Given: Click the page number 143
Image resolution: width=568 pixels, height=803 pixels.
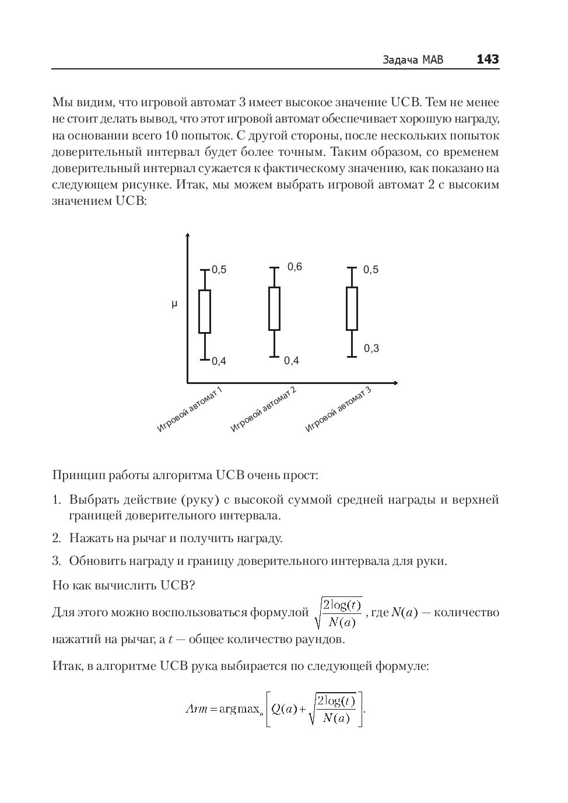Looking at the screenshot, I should (x=488, y=59).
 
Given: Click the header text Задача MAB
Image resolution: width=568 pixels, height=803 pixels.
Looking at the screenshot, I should (x=413, y=60).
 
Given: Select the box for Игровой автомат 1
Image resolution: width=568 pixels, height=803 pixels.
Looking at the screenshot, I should (x=205, y=312).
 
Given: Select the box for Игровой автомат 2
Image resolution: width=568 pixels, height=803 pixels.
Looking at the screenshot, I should (x=274, y=309).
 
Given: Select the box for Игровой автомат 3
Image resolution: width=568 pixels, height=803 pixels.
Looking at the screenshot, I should (x=352, y=309).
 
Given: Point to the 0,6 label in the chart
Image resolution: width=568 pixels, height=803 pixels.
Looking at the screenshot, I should (x=295, y=267).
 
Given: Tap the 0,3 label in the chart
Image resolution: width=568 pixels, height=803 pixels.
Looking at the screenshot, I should (x=371, y=348).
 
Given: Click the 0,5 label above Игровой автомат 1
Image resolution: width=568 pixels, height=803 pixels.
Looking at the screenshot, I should (x=219, y=270).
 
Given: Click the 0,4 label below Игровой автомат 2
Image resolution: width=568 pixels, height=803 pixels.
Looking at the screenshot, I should (x=292, y=361).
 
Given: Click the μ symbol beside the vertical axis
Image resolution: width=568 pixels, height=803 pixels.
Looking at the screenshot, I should (x=174, y=304).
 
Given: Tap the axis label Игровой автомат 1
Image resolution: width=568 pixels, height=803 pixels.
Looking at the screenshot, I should (x=190, y=410).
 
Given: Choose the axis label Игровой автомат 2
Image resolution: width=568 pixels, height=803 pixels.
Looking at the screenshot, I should (x=264, y=410).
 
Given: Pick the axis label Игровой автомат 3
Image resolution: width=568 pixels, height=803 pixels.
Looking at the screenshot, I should (x=338, y=410).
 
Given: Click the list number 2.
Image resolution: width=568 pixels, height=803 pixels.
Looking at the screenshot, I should (x=57, y=538).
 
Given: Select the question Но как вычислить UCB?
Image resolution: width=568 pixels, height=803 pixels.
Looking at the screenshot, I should (x=124, y=585).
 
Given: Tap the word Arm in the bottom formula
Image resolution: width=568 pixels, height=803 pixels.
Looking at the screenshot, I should (x=197, y=710).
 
